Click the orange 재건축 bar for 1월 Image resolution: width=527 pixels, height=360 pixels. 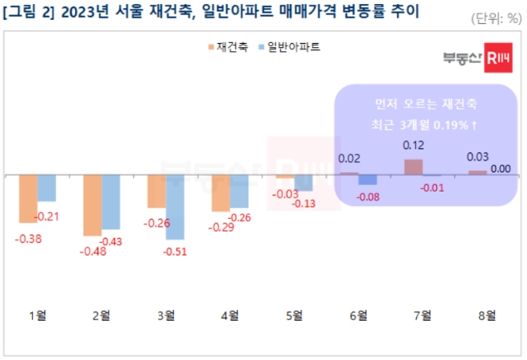pyautogui.click(x=28, y=198)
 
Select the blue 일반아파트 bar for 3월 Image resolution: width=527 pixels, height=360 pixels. pyautogui.click(x=175, y=207)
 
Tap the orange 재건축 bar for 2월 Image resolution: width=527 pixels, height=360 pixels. pyautogui.click(x=93, y=204)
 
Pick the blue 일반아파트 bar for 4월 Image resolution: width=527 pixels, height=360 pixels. pyautogui.click(x=239, y=191)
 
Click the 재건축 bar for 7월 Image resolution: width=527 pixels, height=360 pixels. pyautogui.click(x=413, y=167)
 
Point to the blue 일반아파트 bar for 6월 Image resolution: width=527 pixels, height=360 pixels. pyautogui.click(x=367, y=180)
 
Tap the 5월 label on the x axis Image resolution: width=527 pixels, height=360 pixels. pyautogui.click(x=294, y=315)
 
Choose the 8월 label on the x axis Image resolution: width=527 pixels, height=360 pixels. pyautogui.click(x=486, y=315)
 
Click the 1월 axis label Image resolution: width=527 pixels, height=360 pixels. pyautogui.click(x=37, y=315)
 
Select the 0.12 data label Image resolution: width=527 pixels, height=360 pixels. pyautogui.click(x=414, y=145)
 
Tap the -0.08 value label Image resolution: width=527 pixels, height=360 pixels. pyautogui.click(x=367, y=196)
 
